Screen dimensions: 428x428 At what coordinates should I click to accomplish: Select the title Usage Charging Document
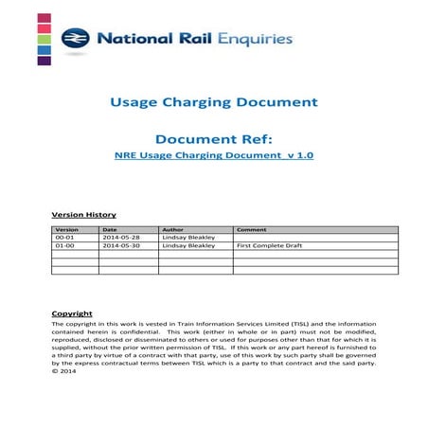click(214, 101)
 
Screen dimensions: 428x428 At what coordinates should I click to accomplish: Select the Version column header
click(67, 230)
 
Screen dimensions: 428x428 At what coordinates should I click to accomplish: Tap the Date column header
click(110, 230)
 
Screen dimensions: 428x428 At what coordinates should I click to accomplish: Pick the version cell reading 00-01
click(65, 238)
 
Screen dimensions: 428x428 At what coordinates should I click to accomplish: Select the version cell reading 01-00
click(65, 246)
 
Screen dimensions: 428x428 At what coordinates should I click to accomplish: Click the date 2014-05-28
click(120, 238)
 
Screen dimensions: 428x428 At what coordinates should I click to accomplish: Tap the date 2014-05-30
click(120, 246)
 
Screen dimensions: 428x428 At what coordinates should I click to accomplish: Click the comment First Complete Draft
click(268, 246)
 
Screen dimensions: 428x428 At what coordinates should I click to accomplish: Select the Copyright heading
click(72, 313)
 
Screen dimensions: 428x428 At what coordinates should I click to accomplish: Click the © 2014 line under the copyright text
click(64, 370)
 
